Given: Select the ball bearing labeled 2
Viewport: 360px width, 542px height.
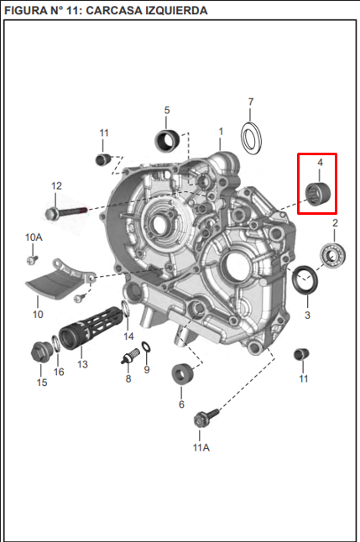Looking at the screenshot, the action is click(332, 256).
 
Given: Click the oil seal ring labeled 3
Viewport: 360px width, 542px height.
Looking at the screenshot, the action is click(305, 279).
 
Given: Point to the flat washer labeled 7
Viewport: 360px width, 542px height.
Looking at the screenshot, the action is click(251, 138).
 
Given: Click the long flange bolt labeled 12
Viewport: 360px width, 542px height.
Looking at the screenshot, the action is click(66, 212).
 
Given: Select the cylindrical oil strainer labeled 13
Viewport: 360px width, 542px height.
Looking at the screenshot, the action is click(91, 326).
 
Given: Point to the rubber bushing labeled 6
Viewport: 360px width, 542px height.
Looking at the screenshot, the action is click(183, 374).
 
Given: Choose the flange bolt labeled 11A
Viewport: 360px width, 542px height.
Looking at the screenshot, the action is click(206, 417).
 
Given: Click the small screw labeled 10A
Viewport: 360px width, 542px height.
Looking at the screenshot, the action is click(32, 259).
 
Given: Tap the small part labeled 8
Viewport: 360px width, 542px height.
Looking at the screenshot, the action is click(130, 356).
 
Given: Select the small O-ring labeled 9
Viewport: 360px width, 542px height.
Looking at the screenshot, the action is click(146, 347).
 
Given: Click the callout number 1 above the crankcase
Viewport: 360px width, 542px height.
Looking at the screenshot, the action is click(221, 132).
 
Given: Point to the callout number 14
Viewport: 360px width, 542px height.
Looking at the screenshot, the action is click(128, 336).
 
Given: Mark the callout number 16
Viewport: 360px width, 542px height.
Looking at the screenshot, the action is click(59, 372).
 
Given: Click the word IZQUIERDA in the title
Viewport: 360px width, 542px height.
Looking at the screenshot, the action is click(176, 10).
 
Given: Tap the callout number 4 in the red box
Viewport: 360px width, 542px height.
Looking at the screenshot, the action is click(321, 162).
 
